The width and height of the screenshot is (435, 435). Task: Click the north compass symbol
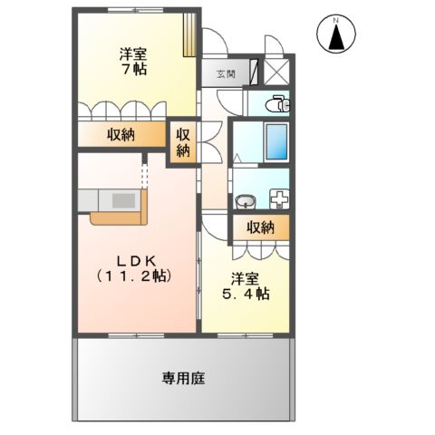335,34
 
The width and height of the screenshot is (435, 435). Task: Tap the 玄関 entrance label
226,74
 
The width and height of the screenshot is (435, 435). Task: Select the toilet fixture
278,105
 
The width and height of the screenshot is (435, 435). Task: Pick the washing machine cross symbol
278,198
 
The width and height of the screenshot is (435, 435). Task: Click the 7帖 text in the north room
134,67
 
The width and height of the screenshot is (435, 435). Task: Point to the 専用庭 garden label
183,378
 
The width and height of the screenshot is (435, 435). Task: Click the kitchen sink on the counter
121,199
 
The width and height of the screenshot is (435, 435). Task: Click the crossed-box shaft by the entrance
275,72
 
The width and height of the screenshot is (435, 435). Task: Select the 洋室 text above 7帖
134,51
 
